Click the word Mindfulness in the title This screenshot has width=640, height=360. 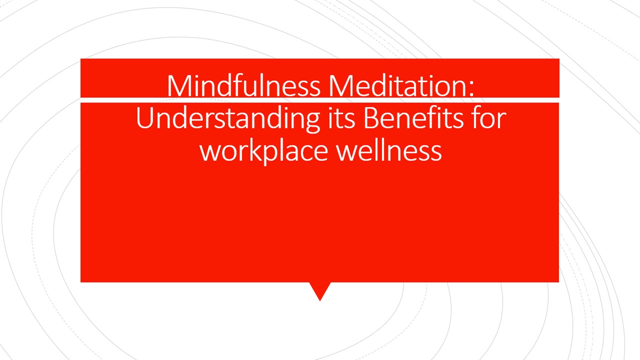click(243, 85)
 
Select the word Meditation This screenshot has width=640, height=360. click(397, 85)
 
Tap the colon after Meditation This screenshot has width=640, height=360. click(471, 89)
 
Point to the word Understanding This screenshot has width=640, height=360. click(227, 119)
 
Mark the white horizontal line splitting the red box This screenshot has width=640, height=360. click(319, 100)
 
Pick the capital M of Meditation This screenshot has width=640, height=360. click(339, 85)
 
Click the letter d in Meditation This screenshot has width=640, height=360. click(377, 85)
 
